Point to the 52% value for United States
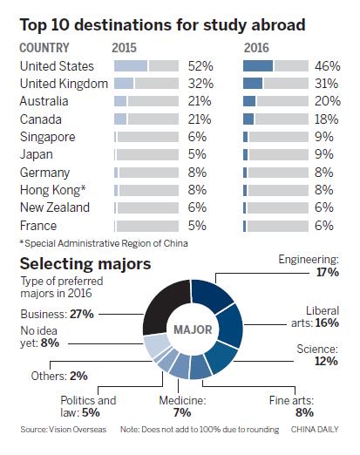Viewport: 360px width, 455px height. click(200, 65)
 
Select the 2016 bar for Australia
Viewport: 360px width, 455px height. click(275, 101)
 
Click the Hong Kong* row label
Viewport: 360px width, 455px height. click(52, 191)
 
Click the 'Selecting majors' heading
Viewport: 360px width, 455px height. click(88, 262)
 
